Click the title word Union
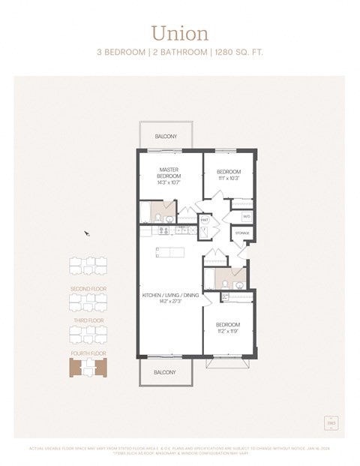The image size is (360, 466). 179,33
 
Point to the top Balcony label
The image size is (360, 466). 166,137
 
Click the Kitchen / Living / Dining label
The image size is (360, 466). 170,299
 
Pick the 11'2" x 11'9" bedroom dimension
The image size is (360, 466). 228,331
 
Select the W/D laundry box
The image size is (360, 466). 246,217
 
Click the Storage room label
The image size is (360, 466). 242,233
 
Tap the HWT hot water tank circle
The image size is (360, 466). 203,221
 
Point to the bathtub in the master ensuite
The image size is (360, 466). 146,215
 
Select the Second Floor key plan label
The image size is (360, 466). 88,289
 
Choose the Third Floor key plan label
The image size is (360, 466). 88,320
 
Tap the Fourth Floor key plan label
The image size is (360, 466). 88,353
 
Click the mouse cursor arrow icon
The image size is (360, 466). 87,233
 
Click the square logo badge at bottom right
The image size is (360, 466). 330,423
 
